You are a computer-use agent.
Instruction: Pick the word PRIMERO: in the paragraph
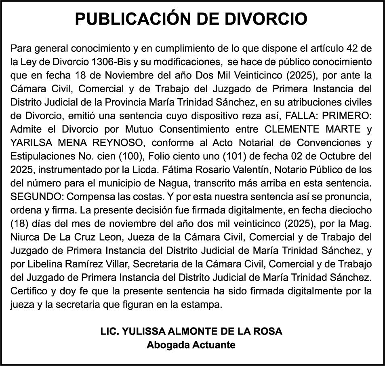pyautogui.click(x=346, y=115)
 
